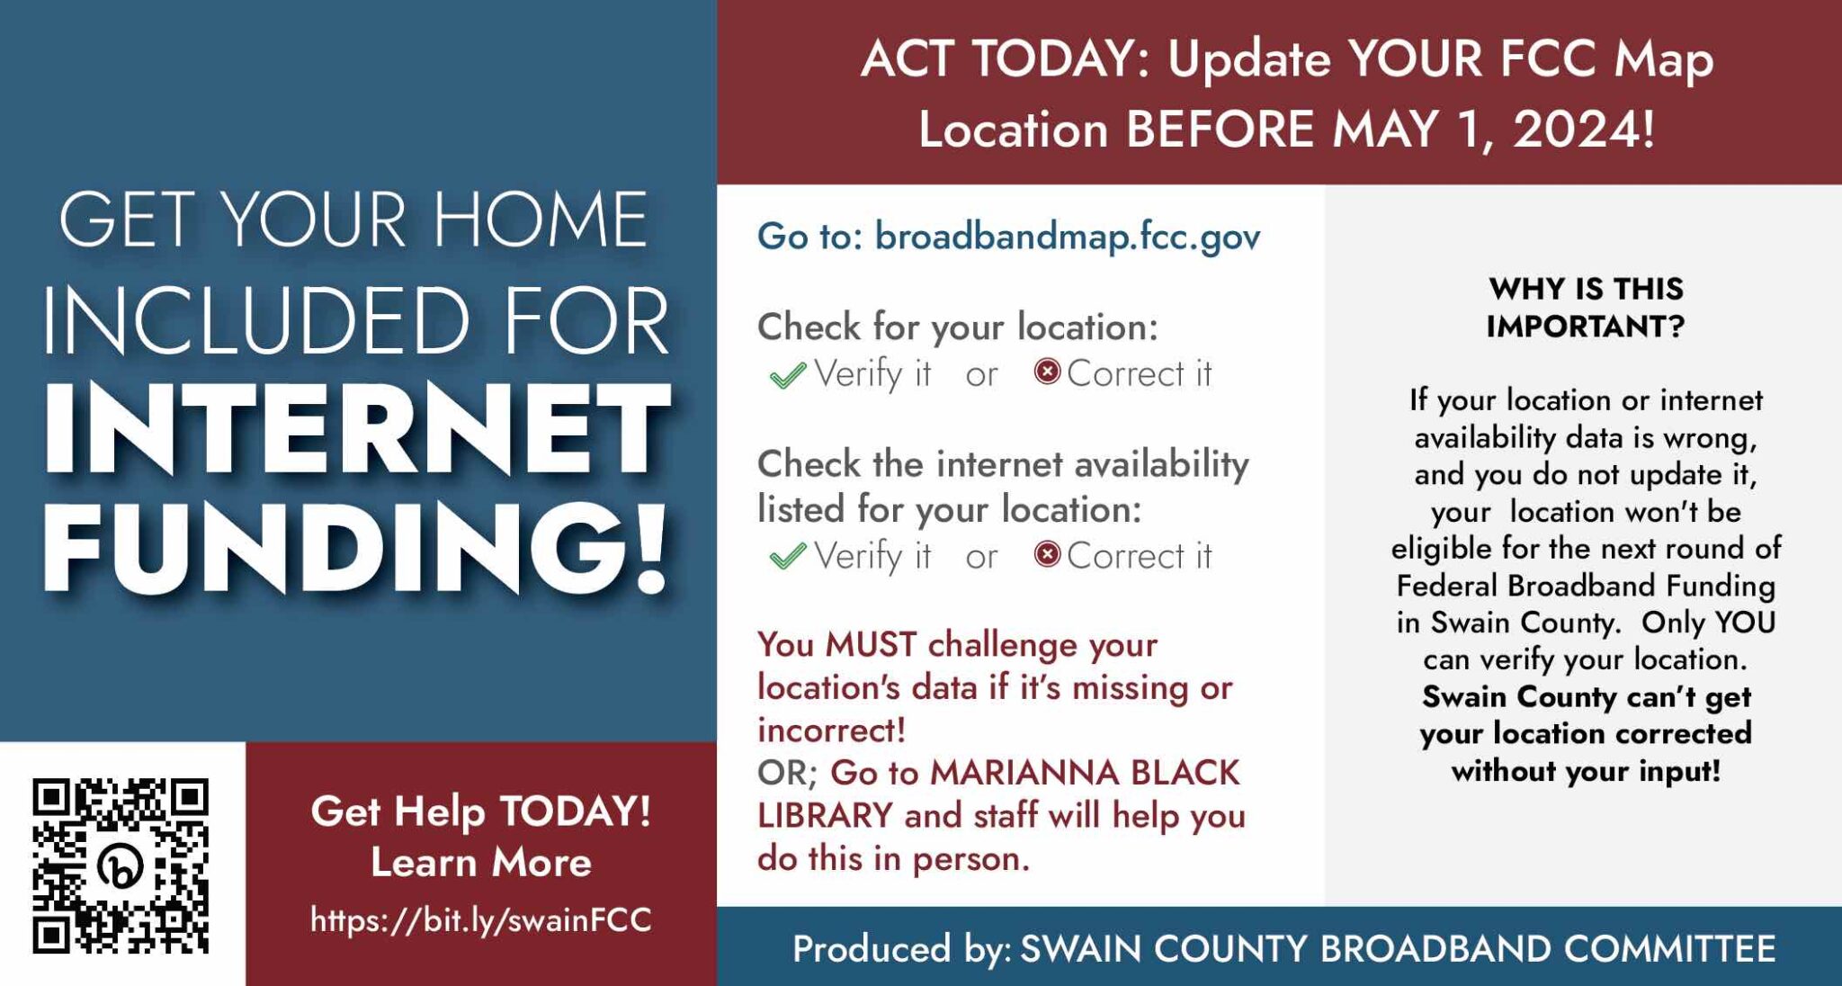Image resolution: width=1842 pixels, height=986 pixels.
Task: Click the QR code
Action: (x=121, y=865)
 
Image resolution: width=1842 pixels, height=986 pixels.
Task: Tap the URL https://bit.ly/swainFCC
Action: (x=480, y=919)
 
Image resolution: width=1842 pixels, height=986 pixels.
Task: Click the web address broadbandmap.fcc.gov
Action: (x=1067, y=237)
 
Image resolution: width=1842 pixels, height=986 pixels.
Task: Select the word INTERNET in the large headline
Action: (x=356, y=428)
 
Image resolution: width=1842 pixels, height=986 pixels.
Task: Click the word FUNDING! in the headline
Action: (x=356, y=546)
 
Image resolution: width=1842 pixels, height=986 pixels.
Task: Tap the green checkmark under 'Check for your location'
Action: (x=787, y=375)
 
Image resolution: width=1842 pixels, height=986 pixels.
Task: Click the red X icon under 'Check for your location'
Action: (x=1047, y=372)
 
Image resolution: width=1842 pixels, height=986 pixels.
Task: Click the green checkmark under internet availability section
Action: (x=787, y=557)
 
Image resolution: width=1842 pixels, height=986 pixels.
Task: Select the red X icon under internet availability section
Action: (x=1047, y=554)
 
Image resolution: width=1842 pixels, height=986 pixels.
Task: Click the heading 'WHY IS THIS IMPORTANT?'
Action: (x=1585, y=307)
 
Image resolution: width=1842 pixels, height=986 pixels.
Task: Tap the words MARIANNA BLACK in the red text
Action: (x=1084, y=773)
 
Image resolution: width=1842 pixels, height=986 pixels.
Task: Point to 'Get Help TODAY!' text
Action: (x=480, y=811)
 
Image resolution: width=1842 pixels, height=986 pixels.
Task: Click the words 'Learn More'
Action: (x=480, y=863)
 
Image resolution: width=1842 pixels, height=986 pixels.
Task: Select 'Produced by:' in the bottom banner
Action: (x=901, y=949)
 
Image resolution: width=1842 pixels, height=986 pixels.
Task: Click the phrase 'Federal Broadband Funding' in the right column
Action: (x=1585, y=586)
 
